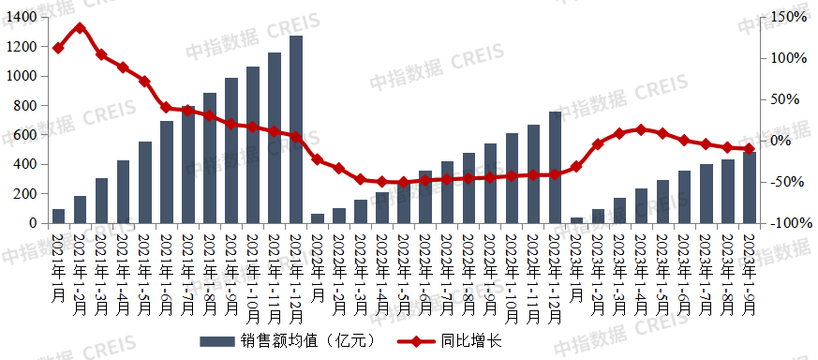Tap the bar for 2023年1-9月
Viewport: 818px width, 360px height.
(750, 187)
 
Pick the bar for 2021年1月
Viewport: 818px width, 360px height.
(59, 217)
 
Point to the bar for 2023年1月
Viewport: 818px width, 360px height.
(576, 220)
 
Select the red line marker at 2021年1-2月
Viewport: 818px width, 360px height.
(80, 28)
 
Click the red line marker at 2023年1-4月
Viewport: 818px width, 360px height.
(641, 129)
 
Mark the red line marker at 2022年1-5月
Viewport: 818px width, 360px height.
(404, 183)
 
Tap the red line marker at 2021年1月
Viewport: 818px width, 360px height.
(59, 48)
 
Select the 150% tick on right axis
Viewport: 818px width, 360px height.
(787, 17)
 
